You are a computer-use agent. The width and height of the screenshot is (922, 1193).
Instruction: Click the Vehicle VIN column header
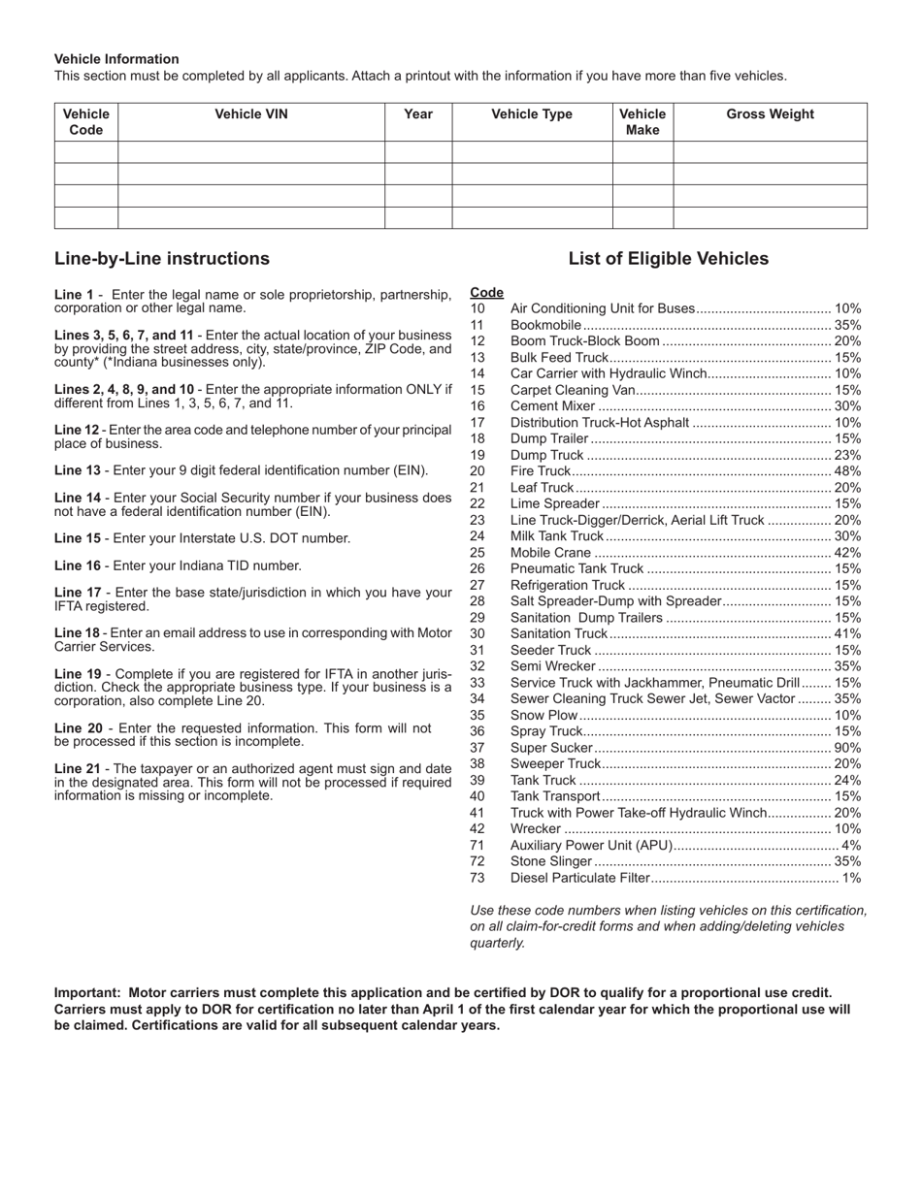click(251, 114)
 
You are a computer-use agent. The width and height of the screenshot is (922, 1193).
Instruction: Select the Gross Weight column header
click(770, 114)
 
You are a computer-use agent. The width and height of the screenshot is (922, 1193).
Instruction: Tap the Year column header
click(418, 114)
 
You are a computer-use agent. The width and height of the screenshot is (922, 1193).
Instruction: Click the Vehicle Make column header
click(642, 122)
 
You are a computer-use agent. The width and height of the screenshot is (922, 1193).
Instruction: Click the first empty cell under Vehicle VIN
click(251, 152)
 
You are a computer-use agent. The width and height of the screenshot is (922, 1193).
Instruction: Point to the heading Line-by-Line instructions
click(162, 259)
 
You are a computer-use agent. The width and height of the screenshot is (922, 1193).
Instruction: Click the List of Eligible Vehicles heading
click(668, 259)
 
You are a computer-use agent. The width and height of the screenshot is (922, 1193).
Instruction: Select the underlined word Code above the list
click(486, 292)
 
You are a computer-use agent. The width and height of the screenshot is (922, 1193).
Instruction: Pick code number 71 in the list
click(477, 846)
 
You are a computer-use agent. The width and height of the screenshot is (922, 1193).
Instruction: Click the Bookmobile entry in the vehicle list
click(545, 325)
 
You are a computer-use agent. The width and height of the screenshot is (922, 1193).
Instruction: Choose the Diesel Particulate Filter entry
click(579, 878)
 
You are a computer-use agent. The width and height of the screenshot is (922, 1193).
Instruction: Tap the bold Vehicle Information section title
click(116, 59)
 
